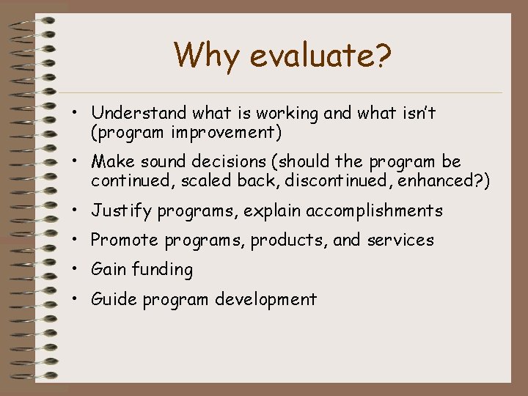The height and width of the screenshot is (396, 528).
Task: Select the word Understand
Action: point(139,113)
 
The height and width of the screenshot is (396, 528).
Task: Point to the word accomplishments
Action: point(374,211)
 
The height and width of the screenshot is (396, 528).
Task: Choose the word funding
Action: point(162,270)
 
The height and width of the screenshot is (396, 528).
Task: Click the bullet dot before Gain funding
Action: point(76,270)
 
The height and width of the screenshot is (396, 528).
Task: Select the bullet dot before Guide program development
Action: point(76,299)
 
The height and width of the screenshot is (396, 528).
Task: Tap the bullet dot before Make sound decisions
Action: point(76,161)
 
